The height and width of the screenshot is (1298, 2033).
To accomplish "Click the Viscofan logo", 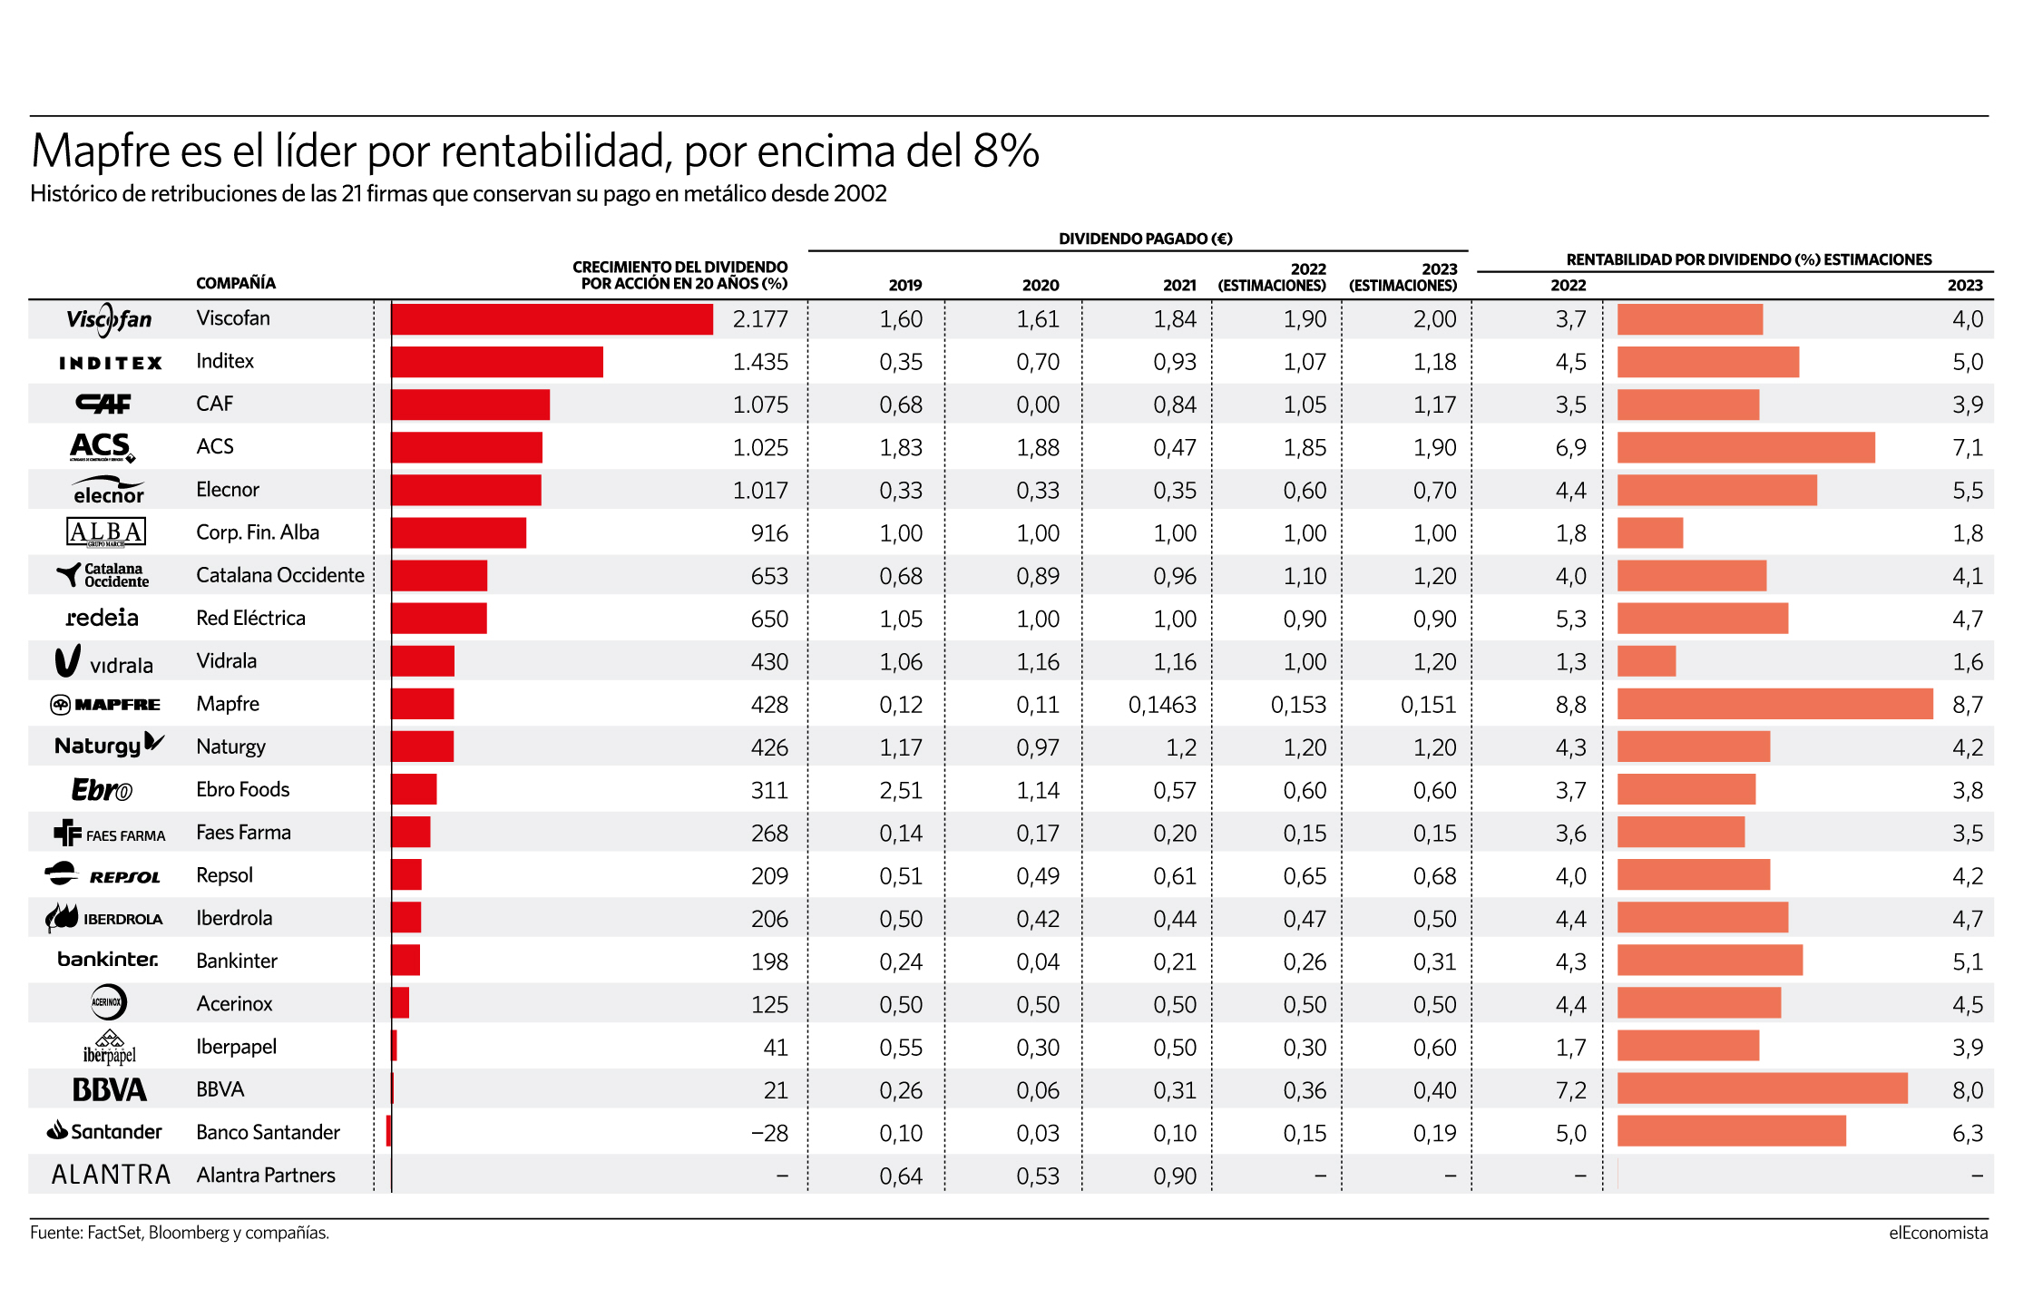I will tap(109, 319).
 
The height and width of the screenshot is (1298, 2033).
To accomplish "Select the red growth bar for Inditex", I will tap(497, 362).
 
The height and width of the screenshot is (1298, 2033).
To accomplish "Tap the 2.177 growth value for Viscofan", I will tap(760, 319).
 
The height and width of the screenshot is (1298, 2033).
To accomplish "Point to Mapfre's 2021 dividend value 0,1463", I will tap(1162, 705).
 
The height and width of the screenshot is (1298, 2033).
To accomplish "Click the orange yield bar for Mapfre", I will tap(1774, 704).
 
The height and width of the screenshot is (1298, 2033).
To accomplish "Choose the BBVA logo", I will tap(109, 1089).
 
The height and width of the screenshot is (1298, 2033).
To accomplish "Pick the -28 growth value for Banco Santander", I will tap(769, 1133).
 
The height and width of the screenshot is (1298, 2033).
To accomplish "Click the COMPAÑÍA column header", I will tap(236, 283).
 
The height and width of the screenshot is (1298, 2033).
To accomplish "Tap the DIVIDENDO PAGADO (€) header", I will tap(1146, 239).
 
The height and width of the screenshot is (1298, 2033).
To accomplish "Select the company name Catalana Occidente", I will tap(280, 575).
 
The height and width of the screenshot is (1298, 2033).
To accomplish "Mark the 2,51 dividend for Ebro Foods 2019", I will tap(901, 790).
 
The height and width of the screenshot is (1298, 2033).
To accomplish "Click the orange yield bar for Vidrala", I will tap(1647, 661).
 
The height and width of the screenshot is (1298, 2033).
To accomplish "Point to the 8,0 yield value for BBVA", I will tap(1968, 1090).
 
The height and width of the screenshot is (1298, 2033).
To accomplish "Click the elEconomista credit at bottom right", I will tap(1938, 1233).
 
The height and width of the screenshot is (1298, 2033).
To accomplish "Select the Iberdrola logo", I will tap(104, 918).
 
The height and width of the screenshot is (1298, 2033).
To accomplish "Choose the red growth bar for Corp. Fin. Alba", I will tap(459, 532).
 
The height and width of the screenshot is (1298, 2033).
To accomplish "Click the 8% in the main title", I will tap(1006, 151).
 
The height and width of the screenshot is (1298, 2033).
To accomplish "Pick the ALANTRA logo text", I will tap(111, 1176).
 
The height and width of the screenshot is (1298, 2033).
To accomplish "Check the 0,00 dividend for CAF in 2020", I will tap(1038, 405).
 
